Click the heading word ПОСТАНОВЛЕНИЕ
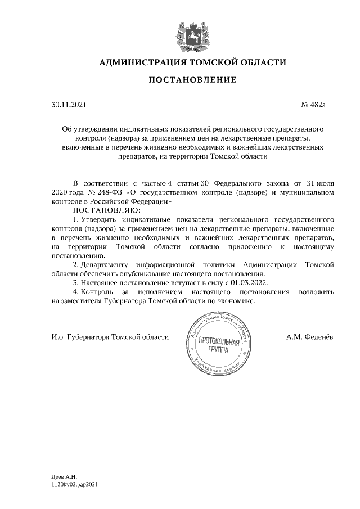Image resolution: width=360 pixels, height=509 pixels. [x=192, y=80]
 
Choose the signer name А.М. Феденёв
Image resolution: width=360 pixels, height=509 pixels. [x=310, y=336]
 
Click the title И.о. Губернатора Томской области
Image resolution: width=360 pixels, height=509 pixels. [x=109, y=336]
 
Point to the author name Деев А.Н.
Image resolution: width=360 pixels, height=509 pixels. [x=64, y=476]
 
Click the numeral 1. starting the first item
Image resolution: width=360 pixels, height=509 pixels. [x=76, y=218]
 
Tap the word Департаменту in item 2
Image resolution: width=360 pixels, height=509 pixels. [x=105, y=264]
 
